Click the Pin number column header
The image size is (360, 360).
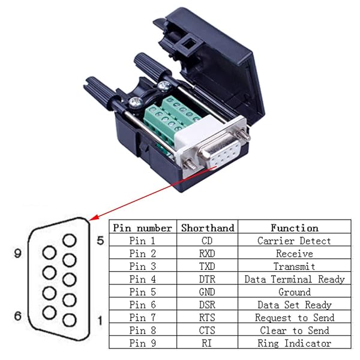pos(142,228)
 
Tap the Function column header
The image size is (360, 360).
pos(294,228)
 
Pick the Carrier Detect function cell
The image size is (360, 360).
pos(294,241)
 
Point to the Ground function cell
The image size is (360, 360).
pos(294,292)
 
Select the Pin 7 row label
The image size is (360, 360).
pos(142,318)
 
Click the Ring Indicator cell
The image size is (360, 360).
pos(294,344)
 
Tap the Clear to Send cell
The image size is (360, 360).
pos(294,331)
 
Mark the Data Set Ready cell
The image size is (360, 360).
pos(294,305)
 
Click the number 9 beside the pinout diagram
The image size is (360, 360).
pos(18,253)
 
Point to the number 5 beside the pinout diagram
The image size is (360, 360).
pos(100,241)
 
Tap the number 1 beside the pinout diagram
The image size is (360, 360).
pos(100,321)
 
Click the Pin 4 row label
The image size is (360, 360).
pos(142,280)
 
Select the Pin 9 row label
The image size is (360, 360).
pos(142,344)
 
